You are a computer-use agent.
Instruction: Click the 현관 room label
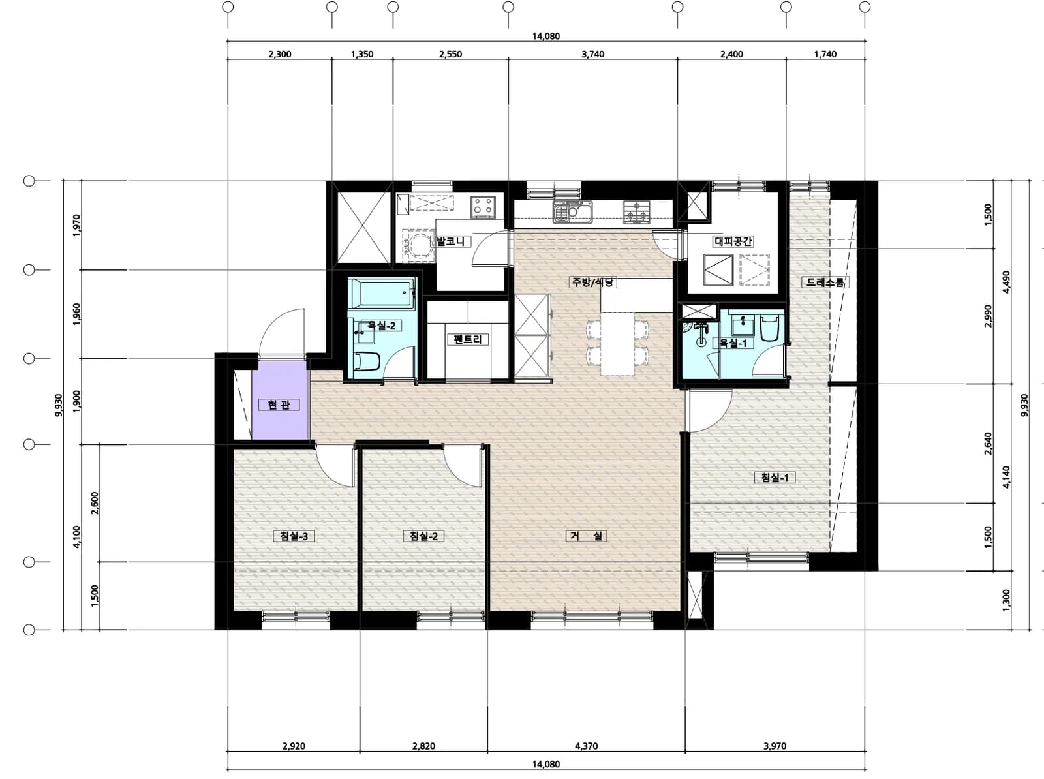click(x=279, y=405)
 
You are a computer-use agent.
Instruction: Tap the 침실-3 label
click(x=294, y=536)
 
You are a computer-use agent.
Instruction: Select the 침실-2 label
click(x=423, y=536)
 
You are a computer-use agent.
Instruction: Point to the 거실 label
click(x=586, y=536)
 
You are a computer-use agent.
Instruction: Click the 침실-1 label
click(x=775, y=478)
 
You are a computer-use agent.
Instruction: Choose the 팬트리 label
click(x=468, y=339)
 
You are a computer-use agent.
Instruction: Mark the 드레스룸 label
click(x=825, y=283)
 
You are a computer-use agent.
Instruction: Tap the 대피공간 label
click(x=733, y=241)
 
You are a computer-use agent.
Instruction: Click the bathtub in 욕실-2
click(x=381, y=294)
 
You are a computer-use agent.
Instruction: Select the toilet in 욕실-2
click(x=367, y=361)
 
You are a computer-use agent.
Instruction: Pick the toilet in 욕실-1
click(x=770, y=328)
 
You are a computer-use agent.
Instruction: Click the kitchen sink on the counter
click(x=572, y=212)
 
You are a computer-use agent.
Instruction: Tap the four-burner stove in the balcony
click(x=483, y=207)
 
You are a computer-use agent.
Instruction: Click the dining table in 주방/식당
click(x=618, y=343)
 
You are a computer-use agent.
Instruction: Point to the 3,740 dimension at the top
click(x=592, y=54)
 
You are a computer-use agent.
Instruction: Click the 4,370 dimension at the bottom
click(x=586, y=746)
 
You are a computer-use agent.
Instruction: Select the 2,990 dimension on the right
click(x=989, y=316)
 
